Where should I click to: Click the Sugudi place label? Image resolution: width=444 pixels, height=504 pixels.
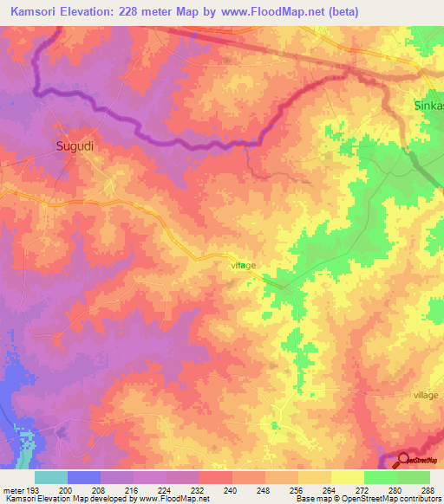75,146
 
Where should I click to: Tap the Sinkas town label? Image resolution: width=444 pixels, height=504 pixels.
426,107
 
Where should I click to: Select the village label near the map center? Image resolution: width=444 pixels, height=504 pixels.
244,266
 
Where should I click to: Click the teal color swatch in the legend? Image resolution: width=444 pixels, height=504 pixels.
51,477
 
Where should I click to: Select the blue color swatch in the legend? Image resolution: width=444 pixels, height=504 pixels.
84,477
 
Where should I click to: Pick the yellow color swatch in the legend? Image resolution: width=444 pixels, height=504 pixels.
348,477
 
